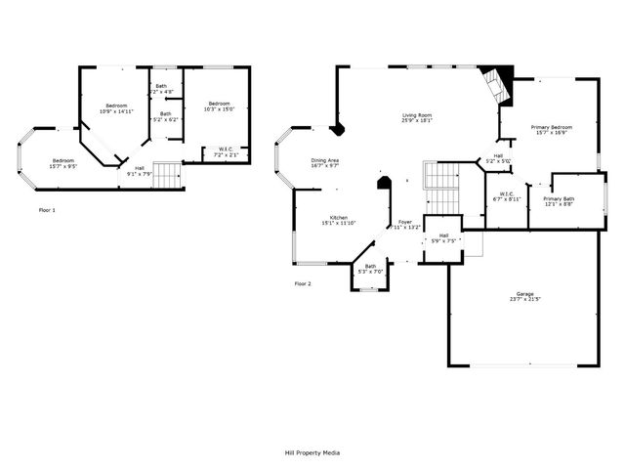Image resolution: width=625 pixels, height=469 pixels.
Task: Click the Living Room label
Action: click(x=417, y=116)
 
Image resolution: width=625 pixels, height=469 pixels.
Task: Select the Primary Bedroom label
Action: click(x=552, y=128)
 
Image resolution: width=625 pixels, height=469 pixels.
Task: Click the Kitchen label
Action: click(x=339, y=217)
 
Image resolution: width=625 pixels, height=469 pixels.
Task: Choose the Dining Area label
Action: click(x=325, y=159)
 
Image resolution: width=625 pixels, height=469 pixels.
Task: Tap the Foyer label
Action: click(x=405, y=222)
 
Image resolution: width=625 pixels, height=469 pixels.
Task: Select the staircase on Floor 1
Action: click(x=168, y=177)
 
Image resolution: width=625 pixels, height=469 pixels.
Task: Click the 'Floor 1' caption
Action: click(x=47, y=210)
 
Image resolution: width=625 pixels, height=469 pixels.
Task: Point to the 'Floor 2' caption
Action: click(x=303, y=283)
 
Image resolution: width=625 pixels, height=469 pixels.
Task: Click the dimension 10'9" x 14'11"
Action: click(x=116, y=111)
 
